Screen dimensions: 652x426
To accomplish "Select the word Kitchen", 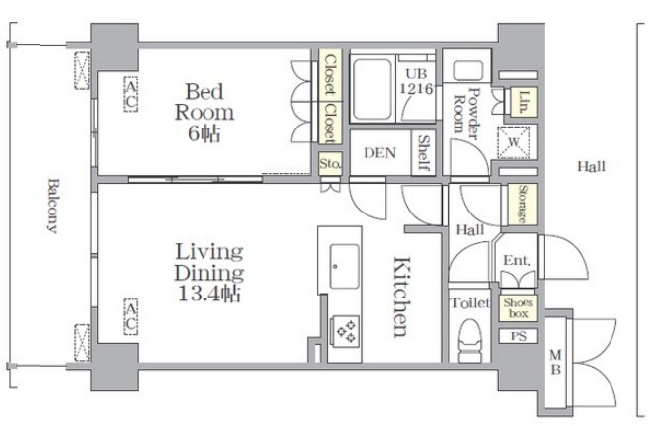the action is (402, 297).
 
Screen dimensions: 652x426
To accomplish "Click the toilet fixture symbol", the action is (470, 341).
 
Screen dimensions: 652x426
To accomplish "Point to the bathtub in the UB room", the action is (371, 89).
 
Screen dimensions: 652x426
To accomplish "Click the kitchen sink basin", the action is (344, 266).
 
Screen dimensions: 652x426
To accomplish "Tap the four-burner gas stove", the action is (345, 331).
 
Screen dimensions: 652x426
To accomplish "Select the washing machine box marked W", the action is (514, 142).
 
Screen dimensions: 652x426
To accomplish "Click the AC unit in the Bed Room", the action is (131, 95).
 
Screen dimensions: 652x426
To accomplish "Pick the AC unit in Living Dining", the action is (131, 316).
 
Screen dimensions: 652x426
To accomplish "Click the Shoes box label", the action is (518, 308).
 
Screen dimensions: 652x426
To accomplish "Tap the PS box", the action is (518, 336).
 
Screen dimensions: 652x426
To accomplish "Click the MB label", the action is (555, 362).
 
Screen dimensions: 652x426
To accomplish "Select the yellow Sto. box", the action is (330, 164).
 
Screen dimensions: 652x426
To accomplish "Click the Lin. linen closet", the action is (524, 101).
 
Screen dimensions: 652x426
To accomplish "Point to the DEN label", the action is (379, 153).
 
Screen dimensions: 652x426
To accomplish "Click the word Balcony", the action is (52, 206).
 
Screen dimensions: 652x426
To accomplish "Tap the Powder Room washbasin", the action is (468, 70).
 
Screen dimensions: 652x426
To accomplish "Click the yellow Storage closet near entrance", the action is (523, 205).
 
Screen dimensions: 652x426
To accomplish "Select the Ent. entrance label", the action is (517, 260).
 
